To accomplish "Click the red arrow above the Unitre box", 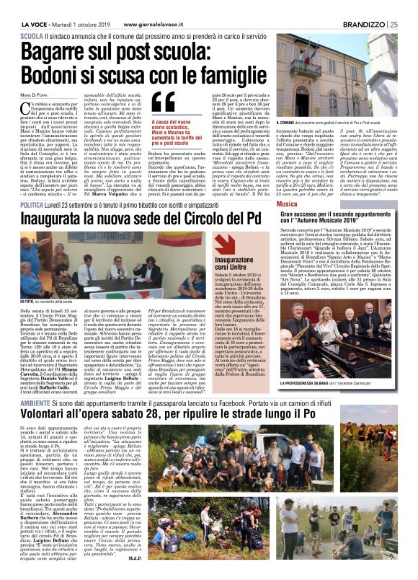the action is point(228,245).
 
